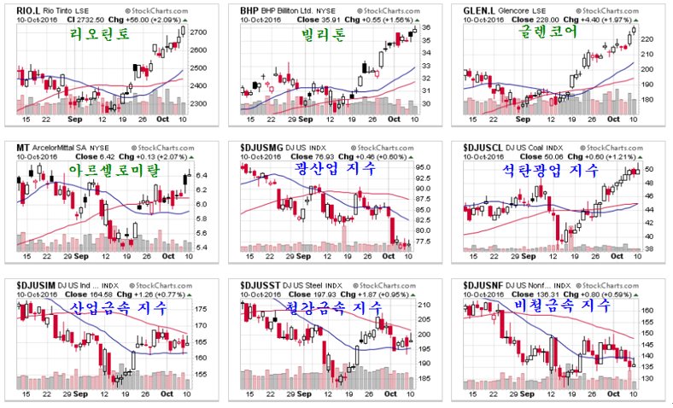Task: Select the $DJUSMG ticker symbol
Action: [260, 147]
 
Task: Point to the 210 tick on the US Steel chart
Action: [424, 304]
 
